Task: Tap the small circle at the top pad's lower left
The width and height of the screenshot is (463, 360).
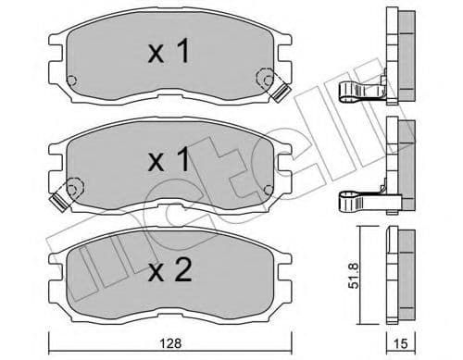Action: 78,79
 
